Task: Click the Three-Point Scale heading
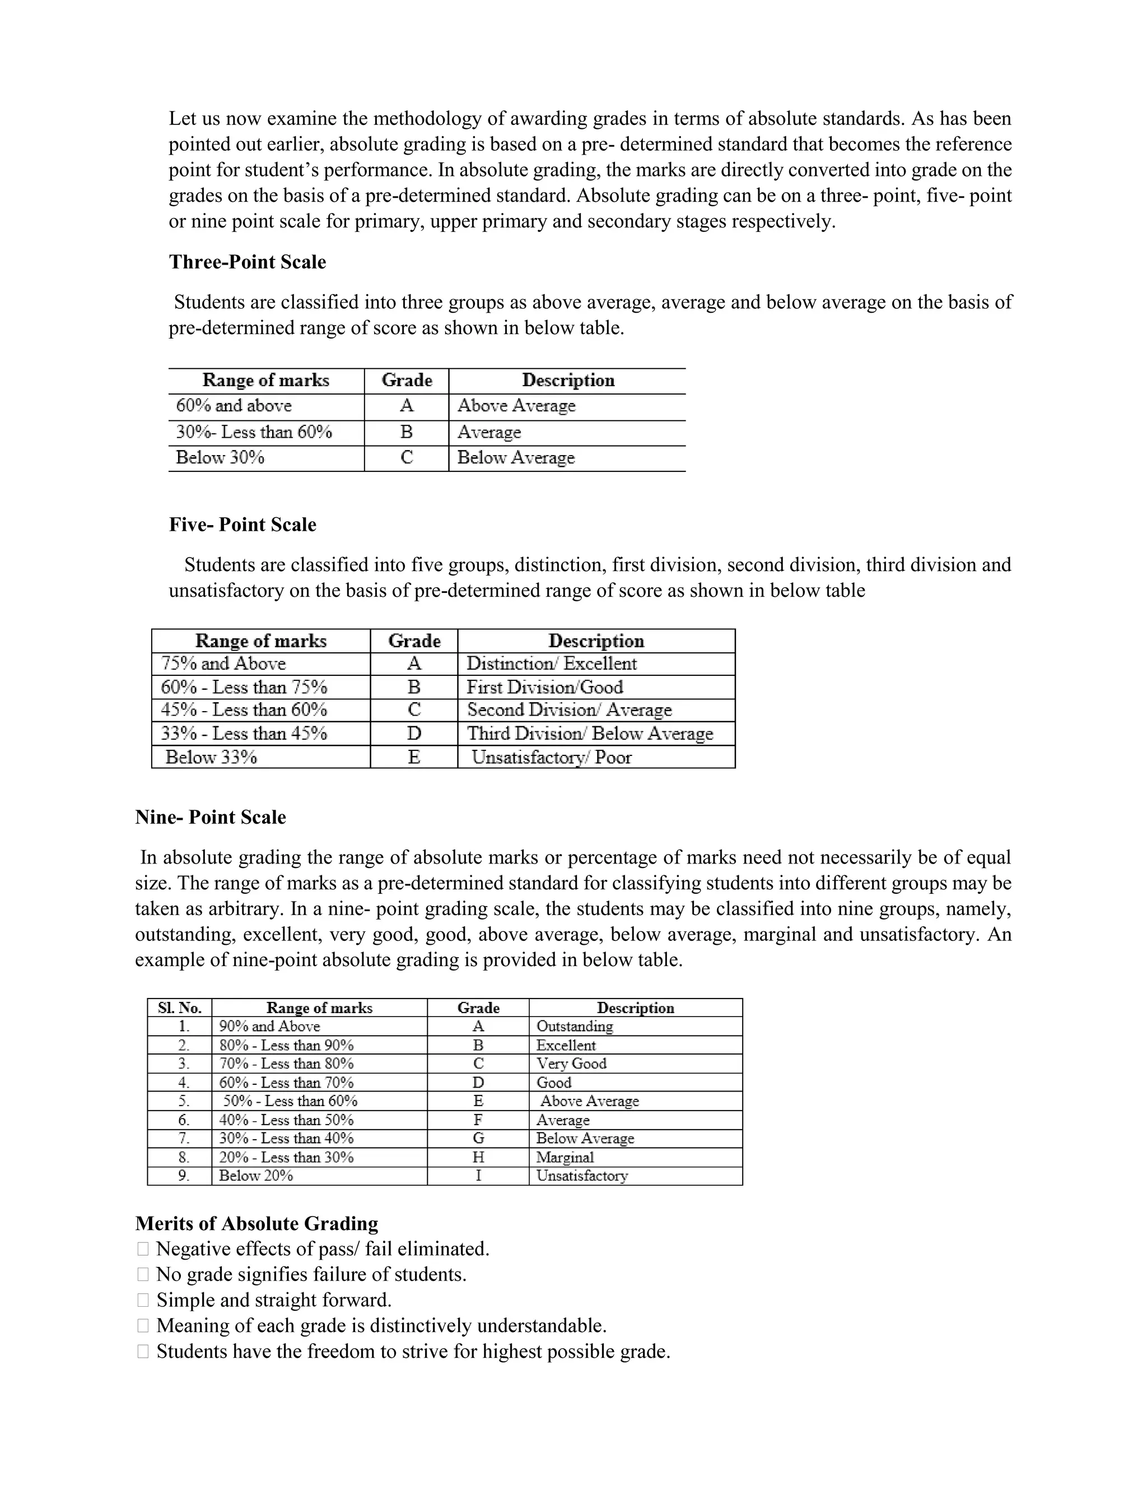(x=248, y=262)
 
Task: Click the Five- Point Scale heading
(x=243, y=525)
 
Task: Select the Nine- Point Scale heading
(x=211, y=816)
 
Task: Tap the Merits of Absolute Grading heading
(x=257, y=1223)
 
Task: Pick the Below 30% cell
(x=220, y=458)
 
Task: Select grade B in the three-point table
(x=407, y=433)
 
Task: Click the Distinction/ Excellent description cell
(x=552, y=663)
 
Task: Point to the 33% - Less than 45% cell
(x=244, y=734)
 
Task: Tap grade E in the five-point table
(x=414, y=758)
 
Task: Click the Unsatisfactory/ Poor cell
(x=552, y=758)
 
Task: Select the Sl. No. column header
(x=179, y=1008)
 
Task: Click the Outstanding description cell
(x=575, y=1026)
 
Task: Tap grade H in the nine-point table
(x=478, y=1157)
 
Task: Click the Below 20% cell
(x=255, y=1176)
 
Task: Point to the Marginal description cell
(x=565, y=1157)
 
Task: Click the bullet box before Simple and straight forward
(x=143, y=1300)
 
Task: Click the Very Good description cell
(x=571, y=1064)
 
